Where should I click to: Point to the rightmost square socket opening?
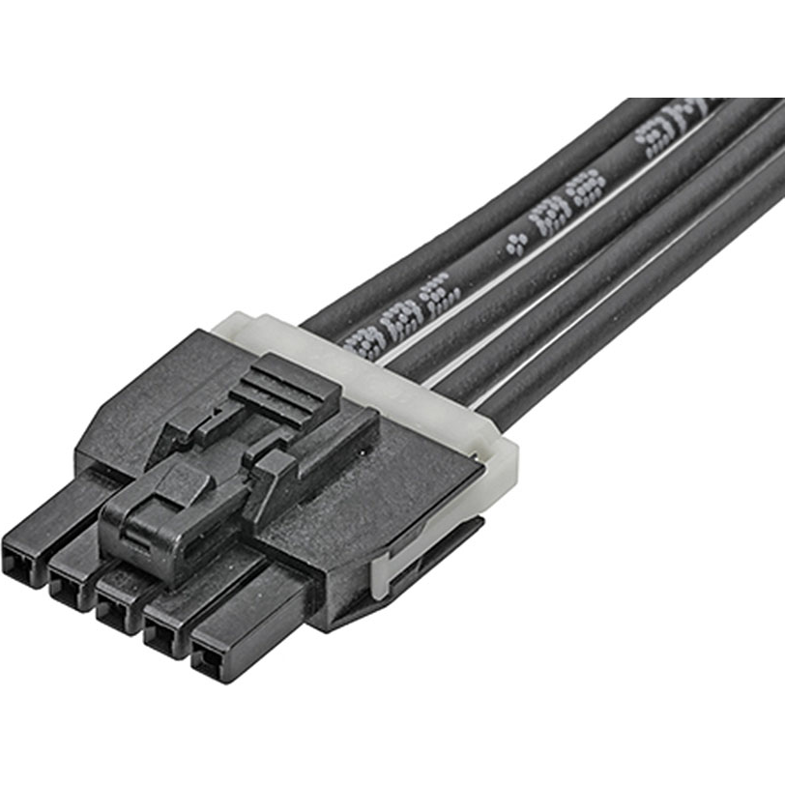(x=207, y=664)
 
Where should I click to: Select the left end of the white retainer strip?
(x=232, y=324)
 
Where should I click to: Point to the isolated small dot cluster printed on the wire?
(x=517, y=244)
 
